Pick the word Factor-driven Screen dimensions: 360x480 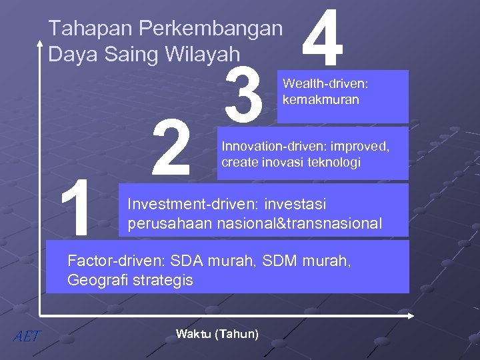pyautogui.click(x=117, y=261)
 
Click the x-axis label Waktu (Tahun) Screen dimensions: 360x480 pyautogui.click(x=217, y=334)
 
